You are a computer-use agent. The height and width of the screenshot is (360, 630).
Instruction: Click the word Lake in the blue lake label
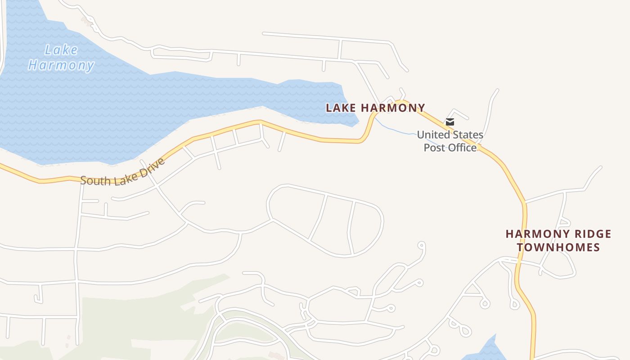(61, 50)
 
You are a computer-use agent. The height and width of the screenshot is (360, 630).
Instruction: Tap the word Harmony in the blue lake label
(61, 65)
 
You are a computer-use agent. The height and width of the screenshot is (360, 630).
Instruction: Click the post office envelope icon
(450, 122)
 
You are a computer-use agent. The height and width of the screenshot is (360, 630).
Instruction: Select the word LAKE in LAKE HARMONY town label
(341, 108)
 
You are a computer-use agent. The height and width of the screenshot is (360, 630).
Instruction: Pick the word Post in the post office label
(434, 148)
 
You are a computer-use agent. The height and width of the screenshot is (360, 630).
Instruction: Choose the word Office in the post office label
(462, 148)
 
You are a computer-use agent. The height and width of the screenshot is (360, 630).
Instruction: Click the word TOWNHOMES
(558, 247)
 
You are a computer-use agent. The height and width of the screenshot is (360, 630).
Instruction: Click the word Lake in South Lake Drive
(122, 176)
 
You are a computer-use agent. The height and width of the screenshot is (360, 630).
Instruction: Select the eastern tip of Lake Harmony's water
(358, 121)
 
